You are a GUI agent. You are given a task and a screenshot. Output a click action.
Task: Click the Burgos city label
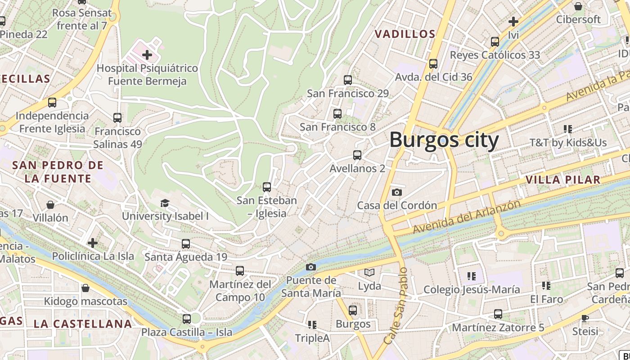[444, 139]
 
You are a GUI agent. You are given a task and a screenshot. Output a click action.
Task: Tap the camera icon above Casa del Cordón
[396, 193]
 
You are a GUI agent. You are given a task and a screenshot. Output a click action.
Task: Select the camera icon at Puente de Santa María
[310, 267]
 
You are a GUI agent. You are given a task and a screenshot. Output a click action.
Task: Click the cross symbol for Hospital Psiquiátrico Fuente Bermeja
[147, 55]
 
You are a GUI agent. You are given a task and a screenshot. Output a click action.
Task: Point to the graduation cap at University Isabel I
[165, 203]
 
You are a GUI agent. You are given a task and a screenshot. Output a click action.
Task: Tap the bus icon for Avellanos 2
[357, 155]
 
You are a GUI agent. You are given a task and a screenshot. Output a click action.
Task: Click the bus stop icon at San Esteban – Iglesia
[267, 187]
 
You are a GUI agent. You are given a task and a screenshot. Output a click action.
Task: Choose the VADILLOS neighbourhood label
[405, 34]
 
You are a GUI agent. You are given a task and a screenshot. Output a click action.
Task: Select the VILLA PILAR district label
[562, 180]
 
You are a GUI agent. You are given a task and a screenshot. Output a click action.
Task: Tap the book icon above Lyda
[369, 273]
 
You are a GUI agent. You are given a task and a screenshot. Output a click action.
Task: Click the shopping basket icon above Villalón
[50, 205]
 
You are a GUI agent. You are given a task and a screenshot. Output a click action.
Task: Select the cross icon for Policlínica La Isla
[93, 243]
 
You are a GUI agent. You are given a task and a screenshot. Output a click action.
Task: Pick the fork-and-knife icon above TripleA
[312, 325]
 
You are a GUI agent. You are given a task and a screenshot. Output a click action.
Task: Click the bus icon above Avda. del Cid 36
[433, 64]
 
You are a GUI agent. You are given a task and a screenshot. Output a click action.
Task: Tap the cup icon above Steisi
[585, 319]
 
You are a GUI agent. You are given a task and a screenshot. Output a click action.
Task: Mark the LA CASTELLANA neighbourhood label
[83, 324]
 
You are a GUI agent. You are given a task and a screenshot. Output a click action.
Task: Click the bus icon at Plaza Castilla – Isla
[187, 319]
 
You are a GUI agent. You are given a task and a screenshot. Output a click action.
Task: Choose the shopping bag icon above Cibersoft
[578, 6]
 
